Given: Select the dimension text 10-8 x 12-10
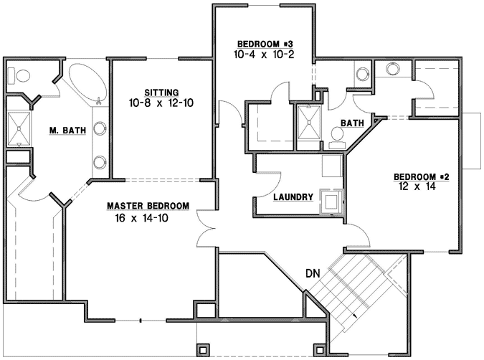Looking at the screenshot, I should point(161,103).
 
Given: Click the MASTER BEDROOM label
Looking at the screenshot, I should point(148,206).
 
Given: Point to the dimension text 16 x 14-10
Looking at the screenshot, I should point(141,217).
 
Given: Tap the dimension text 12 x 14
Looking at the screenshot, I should point(415,186).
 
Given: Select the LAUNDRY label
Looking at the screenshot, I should point(293,196).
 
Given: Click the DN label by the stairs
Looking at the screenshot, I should point(312,273).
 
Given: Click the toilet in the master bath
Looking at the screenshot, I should point(20,75).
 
